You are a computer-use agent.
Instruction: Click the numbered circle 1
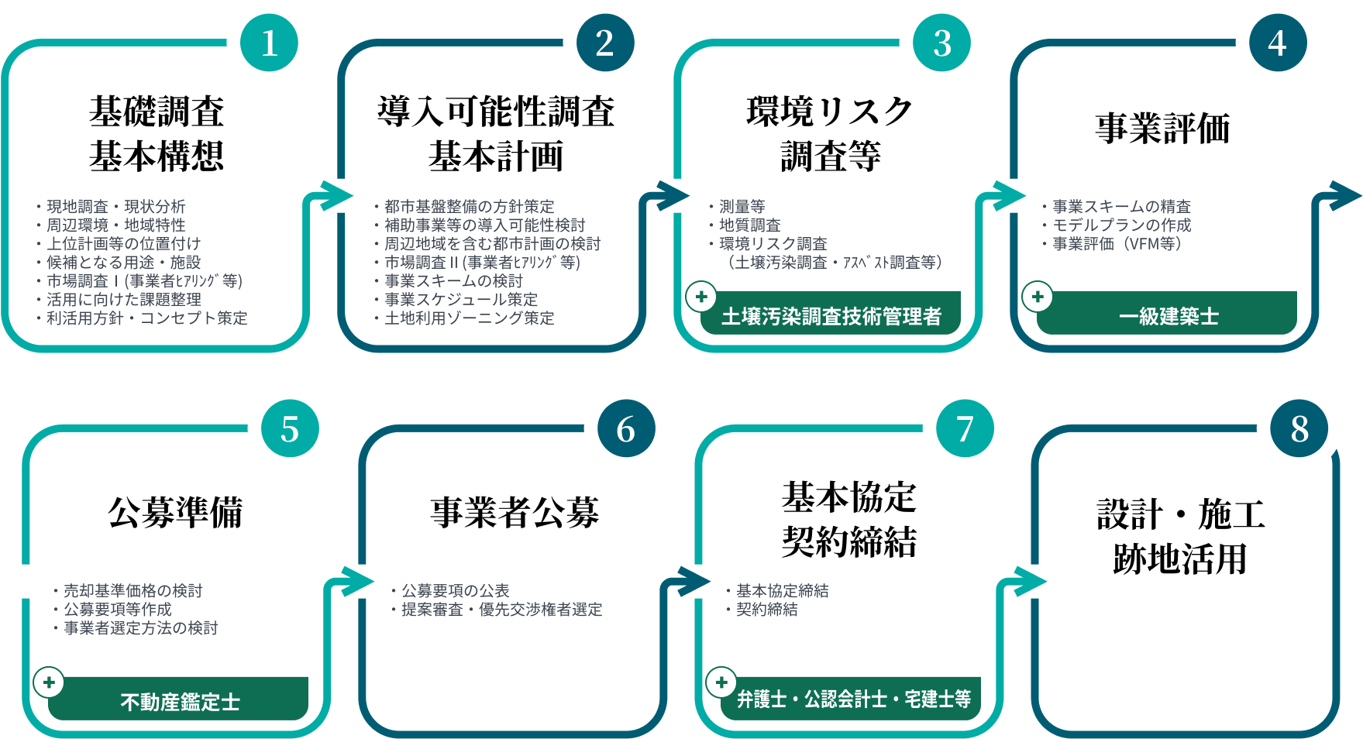coord(269,43)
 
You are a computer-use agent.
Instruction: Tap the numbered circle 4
coord(1278,43)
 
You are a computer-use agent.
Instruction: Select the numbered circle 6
coord(626,428)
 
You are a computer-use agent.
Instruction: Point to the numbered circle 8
coord(1299,428)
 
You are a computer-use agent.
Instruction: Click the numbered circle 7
coord(965,428)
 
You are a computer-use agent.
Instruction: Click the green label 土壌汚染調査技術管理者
coord(831,315)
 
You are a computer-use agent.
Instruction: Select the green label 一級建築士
coord(1168,315)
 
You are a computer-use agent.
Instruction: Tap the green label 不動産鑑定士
coord(179,701)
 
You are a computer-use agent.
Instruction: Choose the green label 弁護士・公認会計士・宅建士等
coord(852,699)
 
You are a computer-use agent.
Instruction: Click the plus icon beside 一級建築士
coord(1037,297)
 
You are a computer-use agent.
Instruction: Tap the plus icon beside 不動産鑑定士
coord(49,682)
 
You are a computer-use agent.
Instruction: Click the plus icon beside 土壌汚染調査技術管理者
coord(701,297)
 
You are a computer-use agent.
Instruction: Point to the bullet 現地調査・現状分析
coord(115,207)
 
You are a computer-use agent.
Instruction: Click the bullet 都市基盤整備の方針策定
coord(469,207)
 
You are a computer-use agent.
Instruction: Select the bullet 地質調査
coord(749,225)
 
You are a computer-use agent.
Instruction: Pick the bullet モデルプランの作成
coord(1121,225)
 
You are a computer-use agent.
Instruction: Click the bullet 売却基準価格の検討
coord(133,591)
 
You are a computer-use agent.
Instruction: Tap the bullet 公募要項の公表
coord(455,591)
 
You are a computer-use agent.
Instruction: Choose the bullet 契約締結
coord(766,610)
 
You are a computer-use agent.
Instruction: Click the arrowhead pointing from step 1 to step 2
coord(338,195)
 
